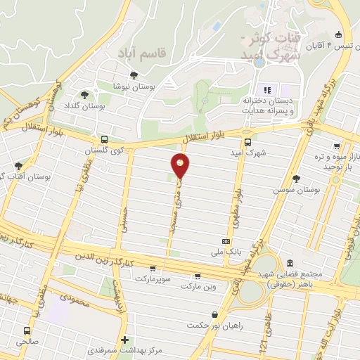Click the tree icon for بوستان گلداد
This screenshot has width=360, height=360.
coord(85,95)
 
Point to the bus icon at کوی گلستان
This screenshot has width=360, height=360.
coord(104,139)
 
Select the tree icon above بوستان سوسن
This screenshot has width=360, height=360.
coord(296,179)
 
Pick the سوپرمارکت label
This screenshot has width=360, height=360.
coord(151,280)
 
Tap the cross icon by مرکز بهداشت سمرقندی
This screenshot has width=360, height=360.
coord(124,339)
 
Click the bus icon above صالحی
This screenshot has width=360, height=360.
coord(27,331)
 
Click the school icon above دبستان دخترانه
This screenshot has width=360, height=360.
coord(266,90)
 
